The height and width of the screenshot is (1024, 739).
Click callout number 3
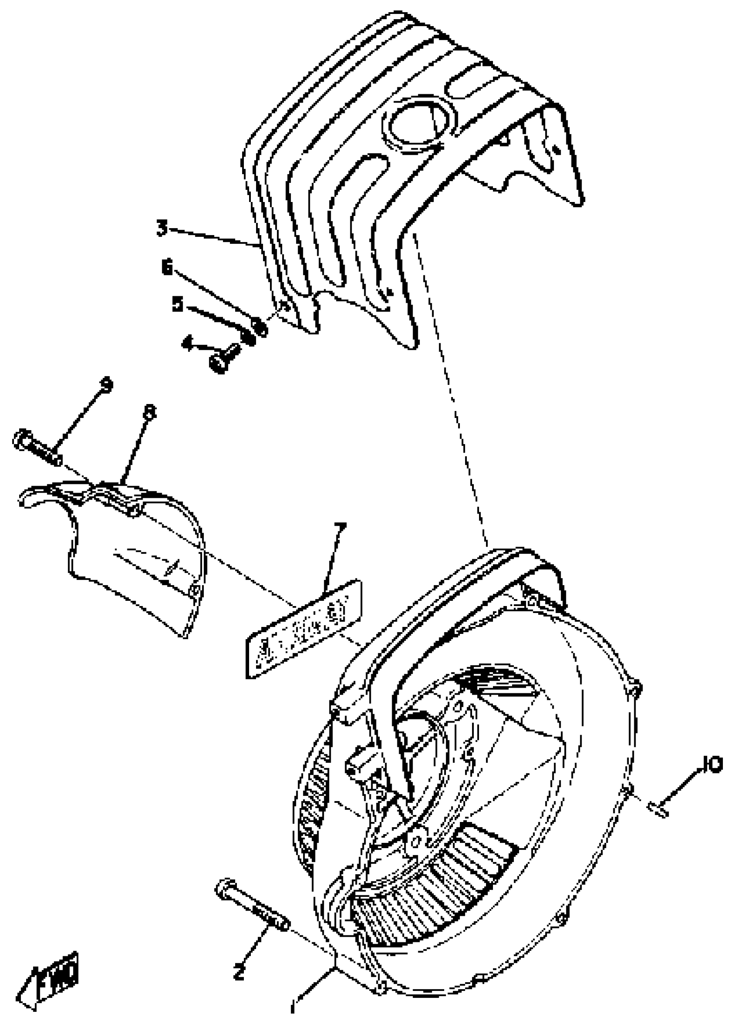click(x=162, y=228)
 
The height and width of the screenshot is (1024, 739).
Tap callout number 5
click(x=177, y=305)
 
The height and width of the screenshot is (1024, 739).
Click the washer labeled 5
click(x=247, y=336)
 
